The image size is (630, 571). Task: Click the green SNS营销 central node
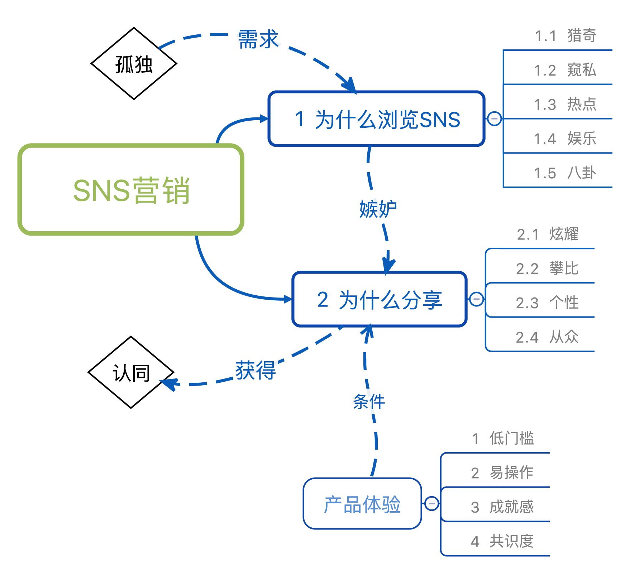131,190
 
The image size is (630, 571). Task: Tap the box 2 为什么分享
380,299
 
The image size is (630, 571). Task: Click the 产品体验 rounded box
362,504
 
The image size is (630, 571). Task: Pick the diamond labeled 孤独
134,64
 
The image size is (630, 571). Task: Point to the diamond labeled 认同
131,372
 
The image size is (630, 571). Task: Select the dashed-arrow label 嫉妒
378,209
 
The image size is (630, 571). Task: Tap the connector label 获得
256,370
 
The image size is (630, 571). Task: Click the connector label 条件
369,401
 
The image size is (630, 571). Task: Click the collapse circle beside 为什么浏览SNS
494,118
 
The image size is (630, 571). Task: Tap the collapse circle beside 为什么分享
476,299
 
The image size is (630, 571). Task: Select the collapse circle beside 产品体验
431,503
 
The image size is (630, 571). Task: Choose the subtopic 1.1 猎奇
565,36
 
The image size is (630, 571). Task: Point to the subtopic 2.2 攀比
547,268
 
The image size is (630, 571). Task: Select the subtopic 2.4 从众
547,337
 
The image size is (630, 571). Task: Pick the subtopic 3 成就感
502,507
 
